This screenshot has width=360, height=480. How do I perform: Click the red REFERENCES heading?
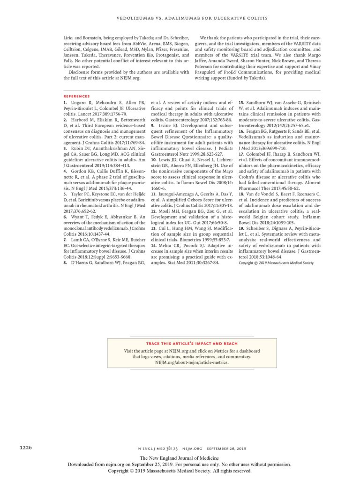point(76,96)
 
